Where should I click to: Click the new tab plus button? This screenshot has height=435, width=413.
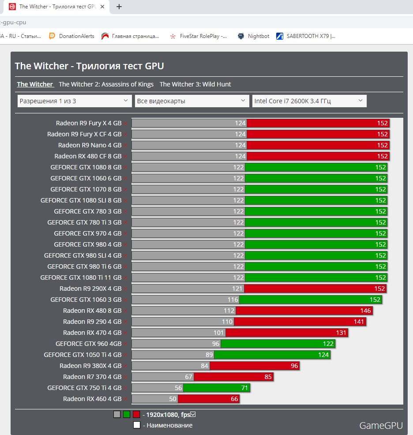(x=119, y=7)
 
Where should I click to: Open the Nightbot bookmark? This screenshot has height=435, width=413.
(x=258, y=36)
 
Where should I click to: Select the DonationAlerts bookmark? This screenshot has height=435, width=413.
(x=76, y=36)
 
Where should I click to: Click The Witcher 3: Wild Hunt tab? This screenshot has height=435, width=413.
(x=195, y=84)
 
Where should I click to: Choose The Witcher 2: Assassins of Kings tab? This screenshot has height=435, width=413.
(x=106, y=84)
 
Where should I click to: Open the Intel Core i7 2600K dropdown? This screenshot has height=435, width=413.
(x=309, y=101)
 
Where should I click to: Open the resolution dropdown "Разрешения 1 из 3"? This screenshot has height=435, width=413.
(x=75, y=101)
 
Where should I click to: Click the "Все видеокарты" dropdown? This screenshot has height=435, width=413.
(x=192, y=101)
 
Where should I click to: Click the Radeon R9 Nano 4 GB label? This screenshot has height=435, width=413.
(x=90, y=145)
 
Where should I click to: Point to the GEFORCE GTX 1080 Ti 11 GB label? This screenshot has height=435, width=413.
(x=81, y=277)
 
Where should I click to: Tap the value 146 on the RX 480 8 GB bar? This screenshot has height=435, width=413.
(x=366, y=311)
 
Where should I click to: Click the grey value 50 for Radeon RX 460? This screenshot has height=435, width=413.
(x=173, y=399)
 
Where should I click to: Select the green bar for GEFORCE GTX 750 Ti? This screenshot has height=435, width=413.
(x=216, y=388)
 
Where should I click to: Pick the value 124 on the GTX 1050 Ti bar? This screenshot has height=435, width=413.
(x=323, y=355)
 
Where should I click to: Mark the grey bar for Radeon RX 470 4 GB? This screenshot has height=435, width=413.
(x=178, y=333)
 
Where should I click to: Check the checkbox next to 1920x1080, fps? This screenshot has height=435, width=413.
(x=192, y=414)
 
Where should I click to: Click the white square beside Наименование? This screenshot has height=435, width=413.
(x=137, y=425)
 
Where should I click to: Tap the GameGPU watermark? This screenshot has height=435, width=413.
(x=381, y=425)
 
